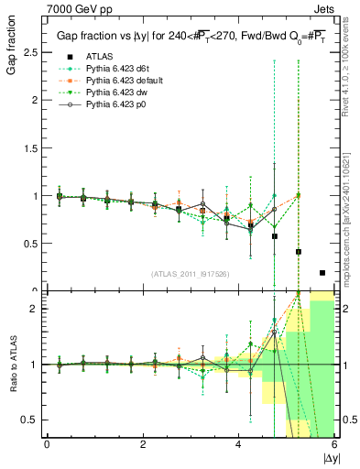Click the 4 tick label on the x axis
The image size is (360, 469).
pyautogui.click(x=238, y=444)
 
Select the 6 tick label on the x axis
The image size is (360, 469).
pyautogui.click(x=333, y=444)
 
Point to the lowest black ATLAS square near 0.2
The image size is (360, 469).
pyautogui.click(x=322, y=272)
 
